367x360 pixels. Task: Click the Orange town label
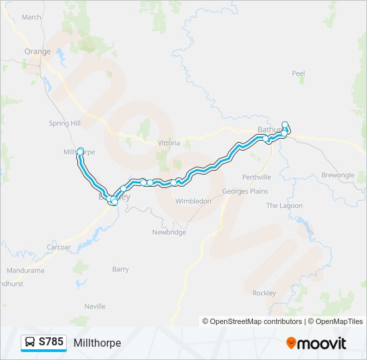pos(37,51)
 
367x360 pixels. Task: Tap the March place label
pos(31,17)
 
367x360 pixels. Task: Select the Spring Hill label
pos(65,123)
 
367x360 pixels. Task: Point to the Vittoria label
pos(169,143)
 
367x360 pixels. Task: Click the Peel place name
pos(298,73)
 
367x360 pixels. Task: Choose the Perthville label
pos(257,177)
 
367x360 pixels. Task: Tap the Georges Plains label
pos(245,191)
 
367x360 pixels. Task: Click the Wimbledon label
pos(193,201)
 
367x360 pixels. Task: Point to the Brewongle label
pos(338,175)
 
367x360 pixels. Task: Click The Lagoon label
pos(285,206)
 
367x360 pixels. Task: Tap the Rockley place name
pos(264,293)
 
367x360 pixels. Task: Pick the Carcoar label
pos(59,247)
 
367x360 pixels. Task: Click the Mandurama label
pos(25,271)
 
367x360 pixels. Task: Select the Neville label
pos(95,307)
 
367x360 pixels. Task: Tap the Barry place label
pos(120,269)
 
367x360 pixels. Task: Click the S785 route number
pos(51,342)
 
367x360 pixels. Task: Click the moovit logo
pos(316,343)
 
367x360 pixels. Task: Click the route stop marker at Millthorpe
pos(81,151)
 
